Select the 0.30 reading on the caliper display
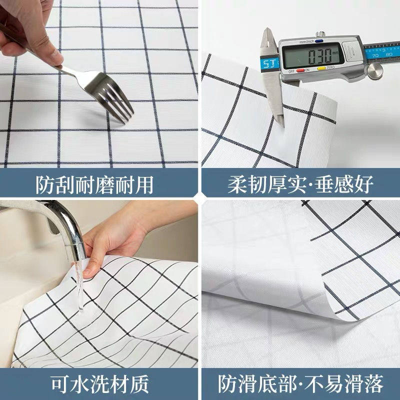pos(317,53)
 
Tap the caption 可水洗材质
pos(100,384)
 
